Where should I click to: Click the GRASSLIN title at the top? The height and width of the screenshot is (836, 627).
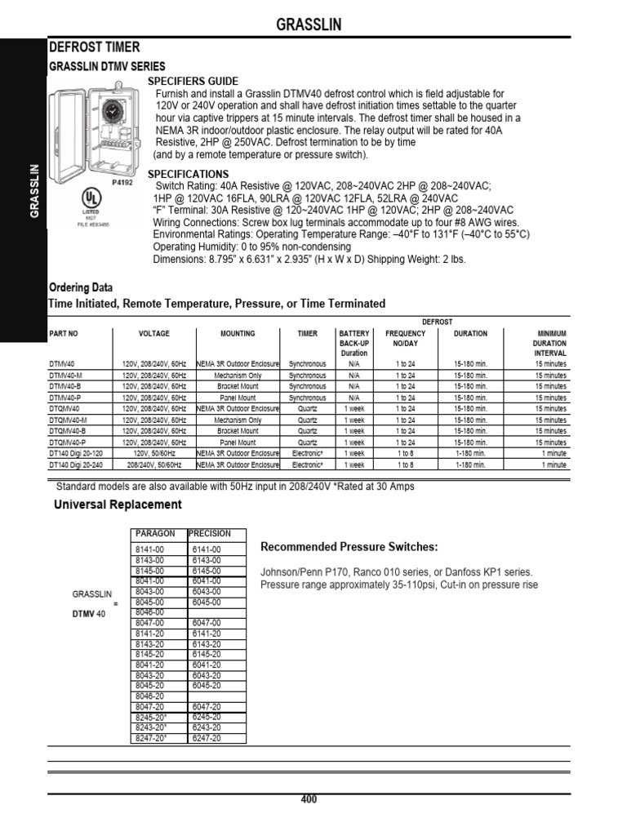click(308, 26)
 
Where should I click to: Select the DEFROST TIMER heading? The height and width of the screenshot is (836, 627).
click(95, 48)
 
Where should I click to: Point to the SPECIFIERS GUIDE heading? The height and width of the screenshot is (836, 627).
click(193, 82)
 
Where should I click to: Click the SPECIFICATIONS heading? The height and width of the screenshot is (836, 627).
click(188, 175)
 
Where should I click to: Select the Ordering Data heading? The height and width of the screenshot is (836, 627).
click(82, 288)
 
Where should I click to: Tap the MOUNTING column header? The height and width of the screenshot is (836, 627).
click(238, 334)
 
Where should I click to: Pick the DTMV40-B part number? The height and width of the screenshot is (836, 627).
click(66, 386)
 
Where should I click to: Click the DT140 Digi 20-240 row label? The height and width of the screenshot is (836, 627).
click(78, 465)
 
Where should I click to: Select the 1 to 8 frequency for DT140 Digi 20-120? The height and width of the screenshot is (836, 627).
click(405, 453)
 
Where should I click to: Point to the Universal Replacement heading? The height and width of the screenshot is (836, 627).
click(118, 505)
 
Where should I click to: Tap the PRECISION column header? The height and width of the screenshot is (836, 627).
click(211, 534)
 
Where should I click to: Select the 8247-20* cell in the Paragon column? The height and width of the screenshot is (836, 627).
click(152, 738)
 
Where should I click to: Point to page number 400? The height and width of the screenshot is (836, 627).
click(309, 800)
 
